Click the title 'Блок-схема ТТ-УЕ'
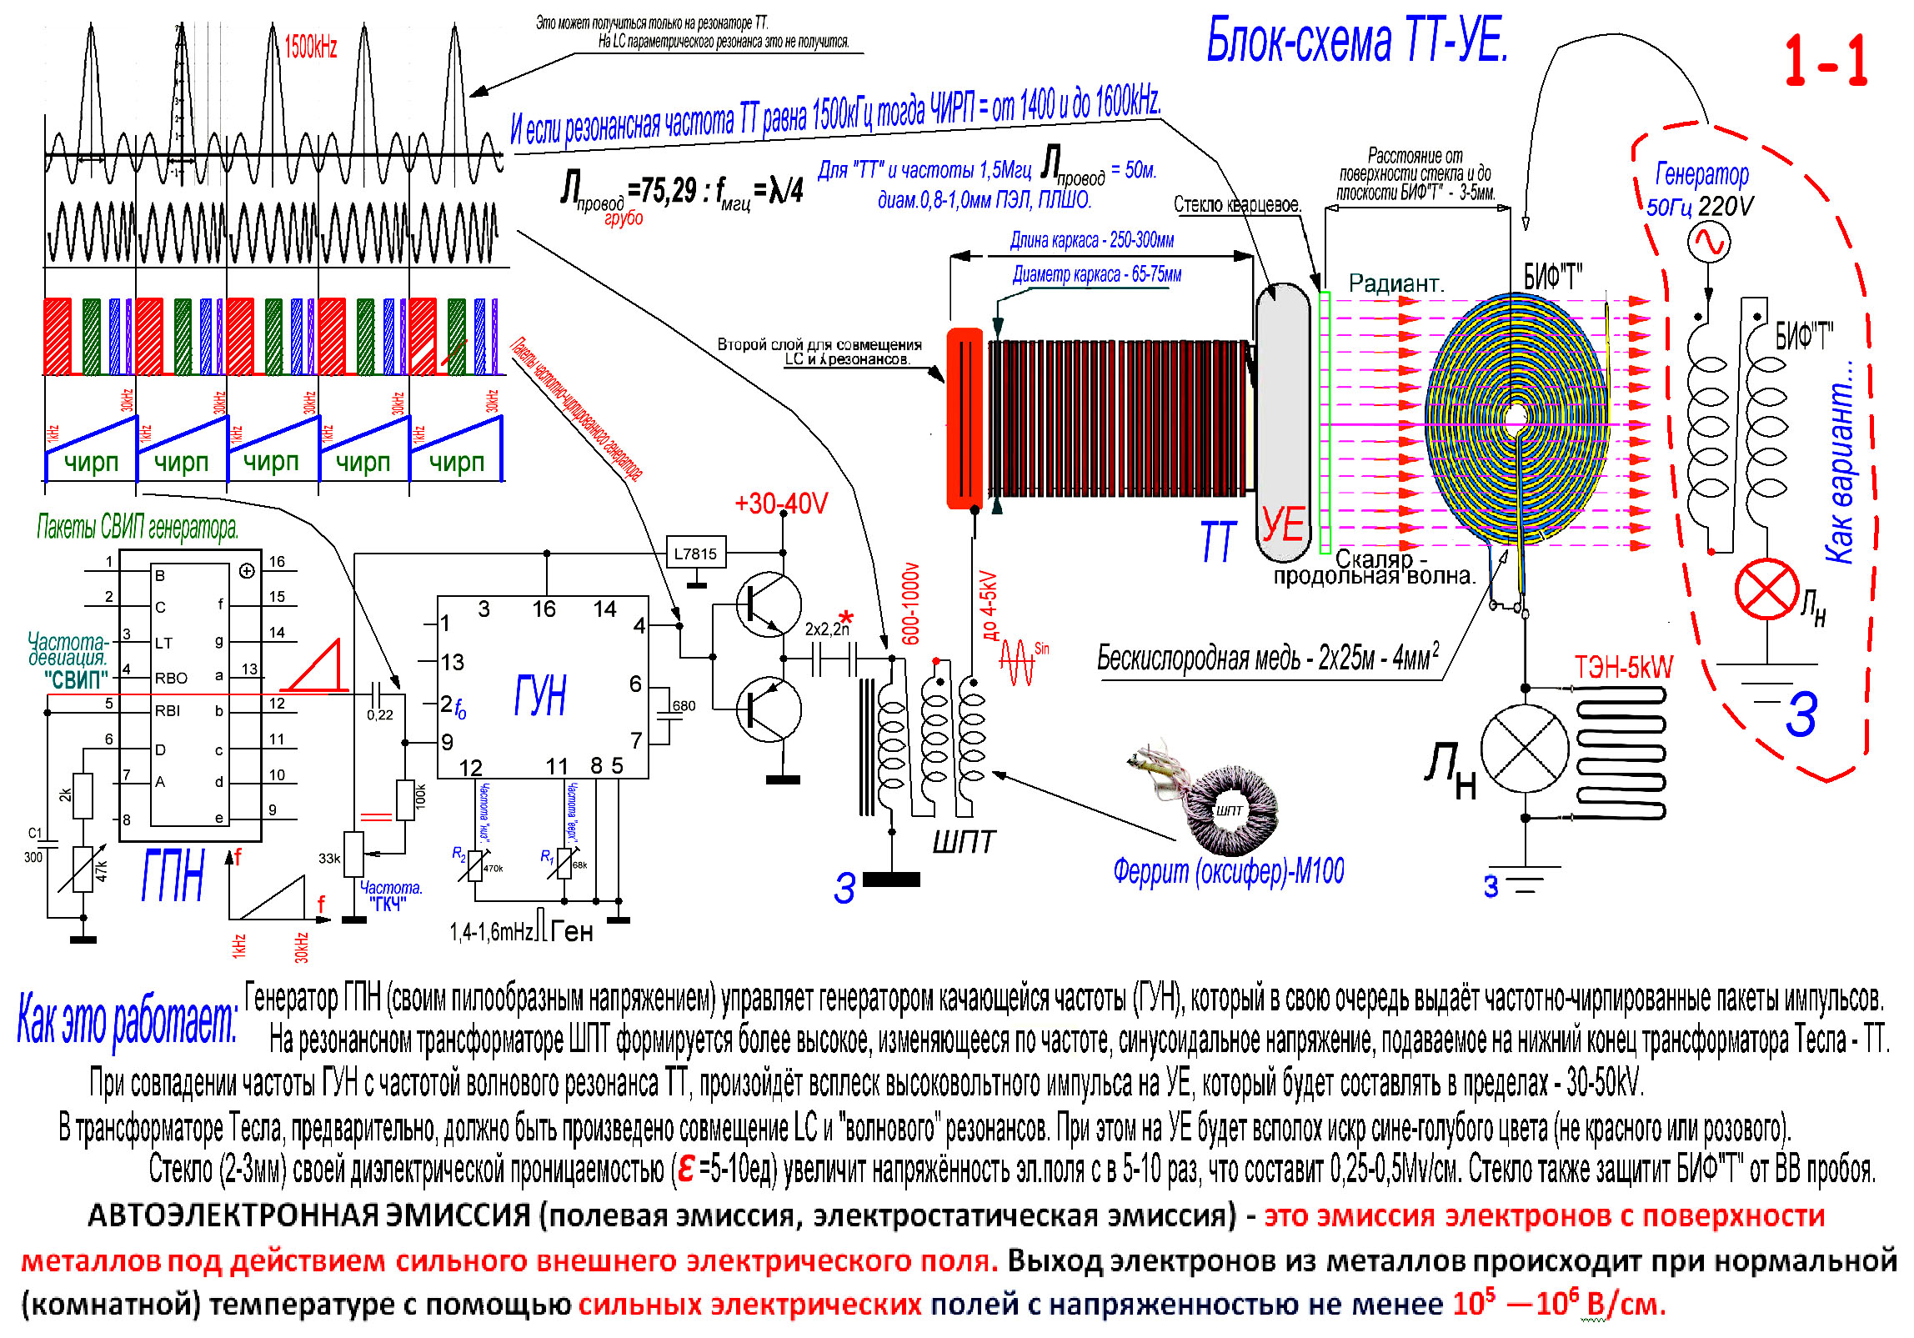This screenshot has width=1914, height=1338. click(x=1356, y=41)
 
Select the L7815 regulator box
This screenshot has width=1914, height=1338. click(x=695, y=553)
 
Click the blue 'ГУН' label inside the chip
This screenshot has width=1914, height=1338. click(x=540, y=695)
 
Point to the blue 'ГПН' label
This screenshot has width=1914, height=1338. click(x=173, y=876)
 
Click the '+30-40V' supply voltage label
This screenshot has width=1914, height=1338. click(x=781, y=504)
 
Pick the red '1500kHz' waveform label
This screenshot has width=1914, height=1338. click(x=310, y=48)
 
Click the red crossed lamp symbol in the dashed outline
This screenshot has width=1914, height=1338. click(x=1766, y=589)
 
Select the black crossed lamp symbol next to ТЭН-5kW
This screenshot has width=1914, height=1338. click(x=1525, y=748)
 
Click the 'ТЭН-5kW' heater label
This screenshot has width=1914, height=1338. click(x=1623, y=668)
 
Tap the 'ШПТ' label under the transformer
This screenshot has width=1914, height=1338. click(x=964, y=843)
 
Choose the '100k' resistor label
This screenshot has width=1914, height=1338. click(x=420, y=796)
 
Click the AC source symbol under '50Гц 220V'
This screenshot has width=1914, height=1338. click(x=1708, y=243)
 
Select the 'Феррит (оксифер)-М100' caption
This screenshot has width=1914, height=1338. click(x=1228, y=871)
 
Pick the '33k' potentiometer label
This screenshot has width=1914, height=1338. click(x=329, y=858)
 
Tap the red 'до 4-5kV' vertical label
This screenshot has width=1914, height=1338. click(x=989, y=604)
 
